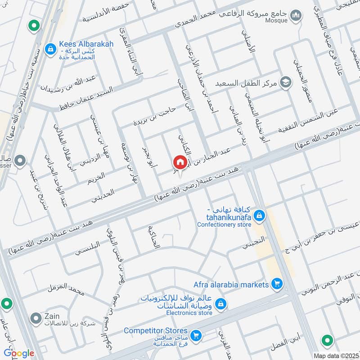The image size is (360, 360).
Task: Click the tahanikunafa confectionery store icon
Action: [x=259, y=217]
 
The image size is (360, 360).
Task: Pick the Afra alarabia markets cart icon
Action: [x=277, y=284]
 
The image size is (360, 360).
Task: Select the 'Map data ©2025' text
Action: [x=336, y=355]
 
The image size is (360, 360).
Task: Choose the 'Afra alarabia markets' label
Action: [x=231, y=284]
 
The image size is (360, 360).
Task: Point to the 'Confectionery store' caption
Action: [x=223, y=224]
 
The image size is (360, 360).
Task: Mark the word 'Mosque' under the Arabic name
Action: [x=277, y=21]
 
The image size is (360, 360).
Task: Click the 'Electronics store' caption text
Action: [x=189, y=313]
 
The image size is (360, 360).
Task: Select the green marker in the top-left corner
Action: [x=33, y=26]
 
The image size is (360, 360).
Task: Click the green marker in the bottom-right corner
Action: [x=328, y=340]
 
